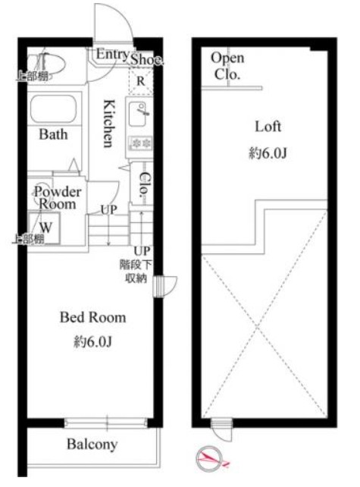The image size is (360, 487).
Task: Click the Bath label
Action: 53,134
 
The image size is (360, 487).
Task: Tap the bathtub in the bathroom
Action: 53,108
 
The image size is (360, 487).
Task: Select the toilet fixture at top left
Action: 46,64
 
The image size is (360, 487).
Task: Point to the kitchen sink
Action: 137,114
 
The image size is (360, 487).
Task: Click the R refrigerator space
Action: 141,81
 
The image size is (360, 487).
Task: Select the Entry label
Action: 112,54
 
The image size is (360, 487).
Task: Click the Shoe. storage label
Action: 146,59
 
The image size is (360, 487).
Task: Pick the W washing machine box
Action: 45,228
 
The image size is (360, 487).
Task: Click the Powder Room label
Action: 58,197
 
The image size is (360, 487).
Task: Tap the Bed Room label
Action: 92,317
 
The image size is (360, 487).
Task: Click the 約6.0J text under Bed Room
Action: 92,341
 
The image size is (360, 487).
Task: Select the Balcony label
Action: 92,445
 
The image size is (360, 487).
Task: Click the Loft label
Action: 268,127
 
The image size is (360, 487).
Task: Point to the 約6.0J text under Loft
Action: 268,153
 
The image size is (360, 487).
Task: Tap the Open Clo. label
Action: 227,66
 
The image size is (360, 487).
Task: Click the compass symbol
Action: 210,458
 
